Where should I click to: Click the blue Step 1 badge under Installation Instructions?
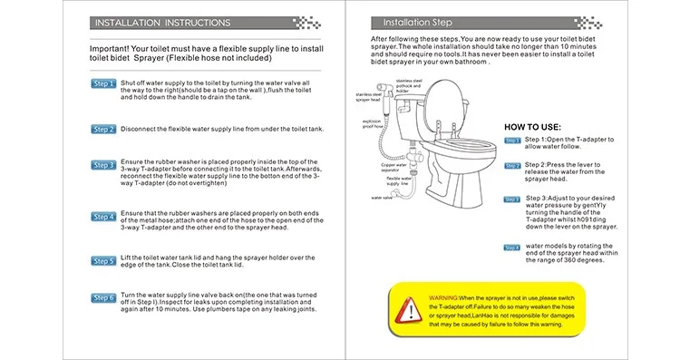coord(103,83)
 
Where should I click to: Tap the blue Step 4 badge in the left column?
coord(103,217)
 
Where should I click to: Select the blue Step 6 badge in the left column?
coord(103,298)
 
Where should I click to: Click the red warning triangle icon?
coord(408,310)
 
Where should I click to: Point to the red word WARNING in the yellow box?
coord(443,298)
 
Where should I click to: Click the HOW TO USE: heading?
coord(532,127)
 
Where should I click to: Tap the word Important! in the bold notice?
coord(109,49)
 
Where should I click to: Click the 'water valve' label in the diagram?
coord(382,198)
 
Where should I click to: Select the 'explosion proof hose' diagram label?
coord(373,123)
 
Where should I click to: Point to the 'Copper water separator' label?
coord(393,168)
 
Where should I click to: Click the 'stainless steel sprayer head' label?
coord(368,97)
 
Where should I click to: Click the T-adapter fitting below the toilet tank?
coord(415,156)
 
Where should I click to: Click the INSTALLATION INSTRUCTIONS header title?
coord(162,23)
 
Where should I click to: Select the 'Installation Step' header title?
coord(417,23)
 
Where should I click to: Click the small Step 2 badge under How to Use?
coord(512,166)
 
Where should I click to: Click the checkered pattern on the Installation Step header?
coord(588,23)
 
